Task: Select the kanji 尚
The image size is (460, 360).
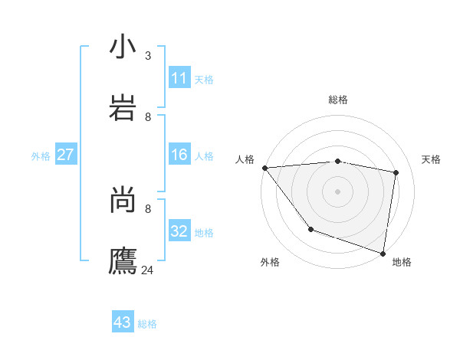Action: (x=123, y=201)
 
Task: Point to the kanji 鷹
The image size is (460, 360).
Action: (x=123, y=260)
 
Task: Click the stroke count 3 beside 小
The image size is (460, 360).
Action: (x=148, y=56)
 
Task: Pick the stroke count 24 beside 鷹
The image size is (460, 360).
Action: (x=148, y=270)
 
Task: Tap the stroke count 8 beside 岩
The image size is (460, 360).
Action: (x=148, y=116)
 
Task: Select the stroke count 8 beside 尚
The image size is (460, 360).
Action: (x=148, y=208)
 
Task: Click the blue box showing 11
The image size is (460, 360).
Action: (x=179, y=78)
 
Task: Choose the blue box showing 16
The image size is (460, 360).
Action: (x=179, y=155)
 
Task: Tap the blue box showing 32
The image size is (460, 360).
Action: (x=179, y=231)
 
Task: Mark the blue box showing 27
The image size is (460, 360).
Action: (x=65, y=155)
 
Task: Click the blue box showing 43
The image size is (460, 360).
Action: (x=123, y=322)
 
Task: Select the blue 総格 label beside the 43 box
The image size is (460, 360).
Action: (x=147, y=324)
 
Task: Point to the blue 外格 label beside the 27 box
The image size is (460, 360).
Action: (x=41, y=156)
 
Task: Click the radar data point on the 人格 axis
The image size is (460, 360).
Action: (x=264, y=168)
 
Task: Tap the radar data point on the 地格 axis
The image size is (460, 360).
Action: (x=383, y=253)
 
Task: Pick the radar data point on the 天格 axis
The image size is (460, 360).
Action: (x=396, y=172)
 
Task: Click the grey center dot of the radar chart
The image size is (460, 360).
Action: (x=337, y=191)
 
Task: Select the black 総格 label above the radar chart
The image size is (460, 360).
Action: (x=338, y=100)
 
